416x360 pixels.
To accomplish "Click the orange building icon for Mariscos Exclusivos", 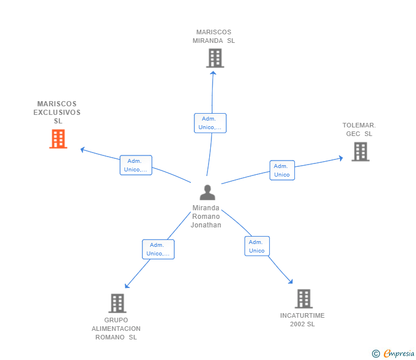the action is click(x=58, y=139).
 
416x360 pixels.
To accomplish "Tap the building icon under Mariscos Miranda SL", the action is click(x=215, y=58).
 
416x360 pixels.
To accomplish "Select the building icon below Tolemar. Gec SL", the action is click(x=361, y=152).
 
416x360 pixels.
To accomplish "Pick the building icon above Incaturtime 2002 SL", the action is click(x=304, y=299).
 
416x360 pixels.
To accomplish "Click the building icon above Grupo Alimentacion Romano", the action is click(x=117, y=303).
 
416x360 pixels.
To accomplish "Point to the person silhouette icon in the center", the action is click(x=207, y=193).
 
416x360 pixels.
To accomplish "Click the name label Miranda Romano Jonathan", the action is click(x=206, y=217).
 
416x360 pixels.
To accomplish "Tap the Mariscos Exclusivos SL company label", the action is click(x=57, y=112).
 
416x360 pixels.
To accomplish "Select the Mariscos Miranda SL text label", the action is click(x=214, y=37).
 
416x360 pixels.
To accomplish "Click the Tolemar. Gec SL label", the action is click(x=359, y=130).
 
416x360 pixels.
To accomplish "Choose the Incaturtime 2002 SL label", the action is click(x=302, y=319).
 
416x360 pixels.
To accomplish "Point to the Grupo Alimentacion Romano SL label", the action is click(x=116, y=329).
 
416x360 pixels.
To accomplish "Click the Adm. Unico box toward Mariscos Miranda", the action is click(x=210, y=123).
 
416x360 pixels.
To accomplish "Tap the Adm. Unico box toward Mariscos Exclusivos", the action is click(x=136, y=165).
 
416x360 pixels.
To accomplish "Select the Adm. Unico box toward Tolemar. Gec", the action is click(x=282, y=170).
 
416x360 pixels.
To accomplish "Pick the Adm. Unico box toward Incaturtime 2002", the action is click(x=257, y=246).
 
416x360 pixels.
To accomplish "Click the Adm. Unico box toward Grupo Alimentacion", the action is click(x=158, y=249).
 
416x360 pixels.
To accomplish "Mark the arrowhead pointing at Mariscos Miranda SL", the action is click(x=213, y=73).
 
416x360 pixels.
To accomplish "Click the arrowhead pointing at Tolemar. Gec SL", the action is click(x=341, y=158).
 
